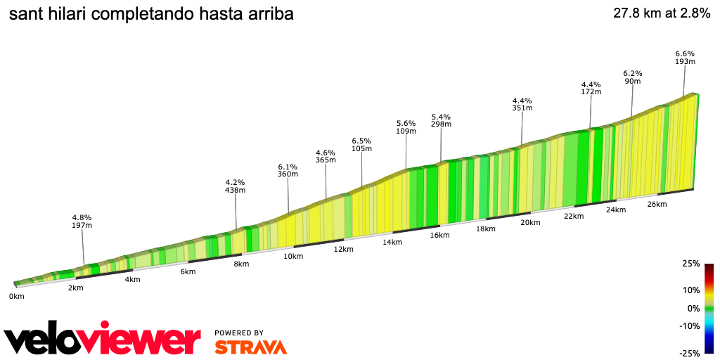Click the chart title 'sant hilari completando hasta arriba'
[x=151, y=14]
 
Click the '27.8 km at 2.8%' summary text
[x=662, y=13]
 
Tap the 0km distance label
[x=16, y=296]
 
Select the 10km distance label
[x=293, y=256]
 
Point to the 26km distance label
[x=657, y=204]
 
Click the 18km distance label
[x=485, y=229]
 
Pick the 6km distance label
[x=188, y=271]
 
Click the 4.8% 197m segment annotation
[x=82, y=221]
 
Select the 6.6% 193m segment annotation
[x=685, y=58]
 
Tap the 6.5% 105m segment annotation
[x=361, y=145]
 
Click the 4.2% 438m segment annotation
[x=235, y=186]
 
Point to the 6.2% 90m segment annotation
[x=633, y=77]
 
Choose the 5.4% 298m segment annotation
[x=441, y=120]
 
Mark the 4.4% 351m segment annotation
[x=522, y=104]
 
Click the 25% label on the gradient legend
[x=691, y=264]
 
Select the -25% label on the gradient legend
[x=690, y=353]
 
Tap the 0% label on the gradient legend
[x=693, y=308]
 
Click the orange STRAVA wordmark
[x=250, y=347]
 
